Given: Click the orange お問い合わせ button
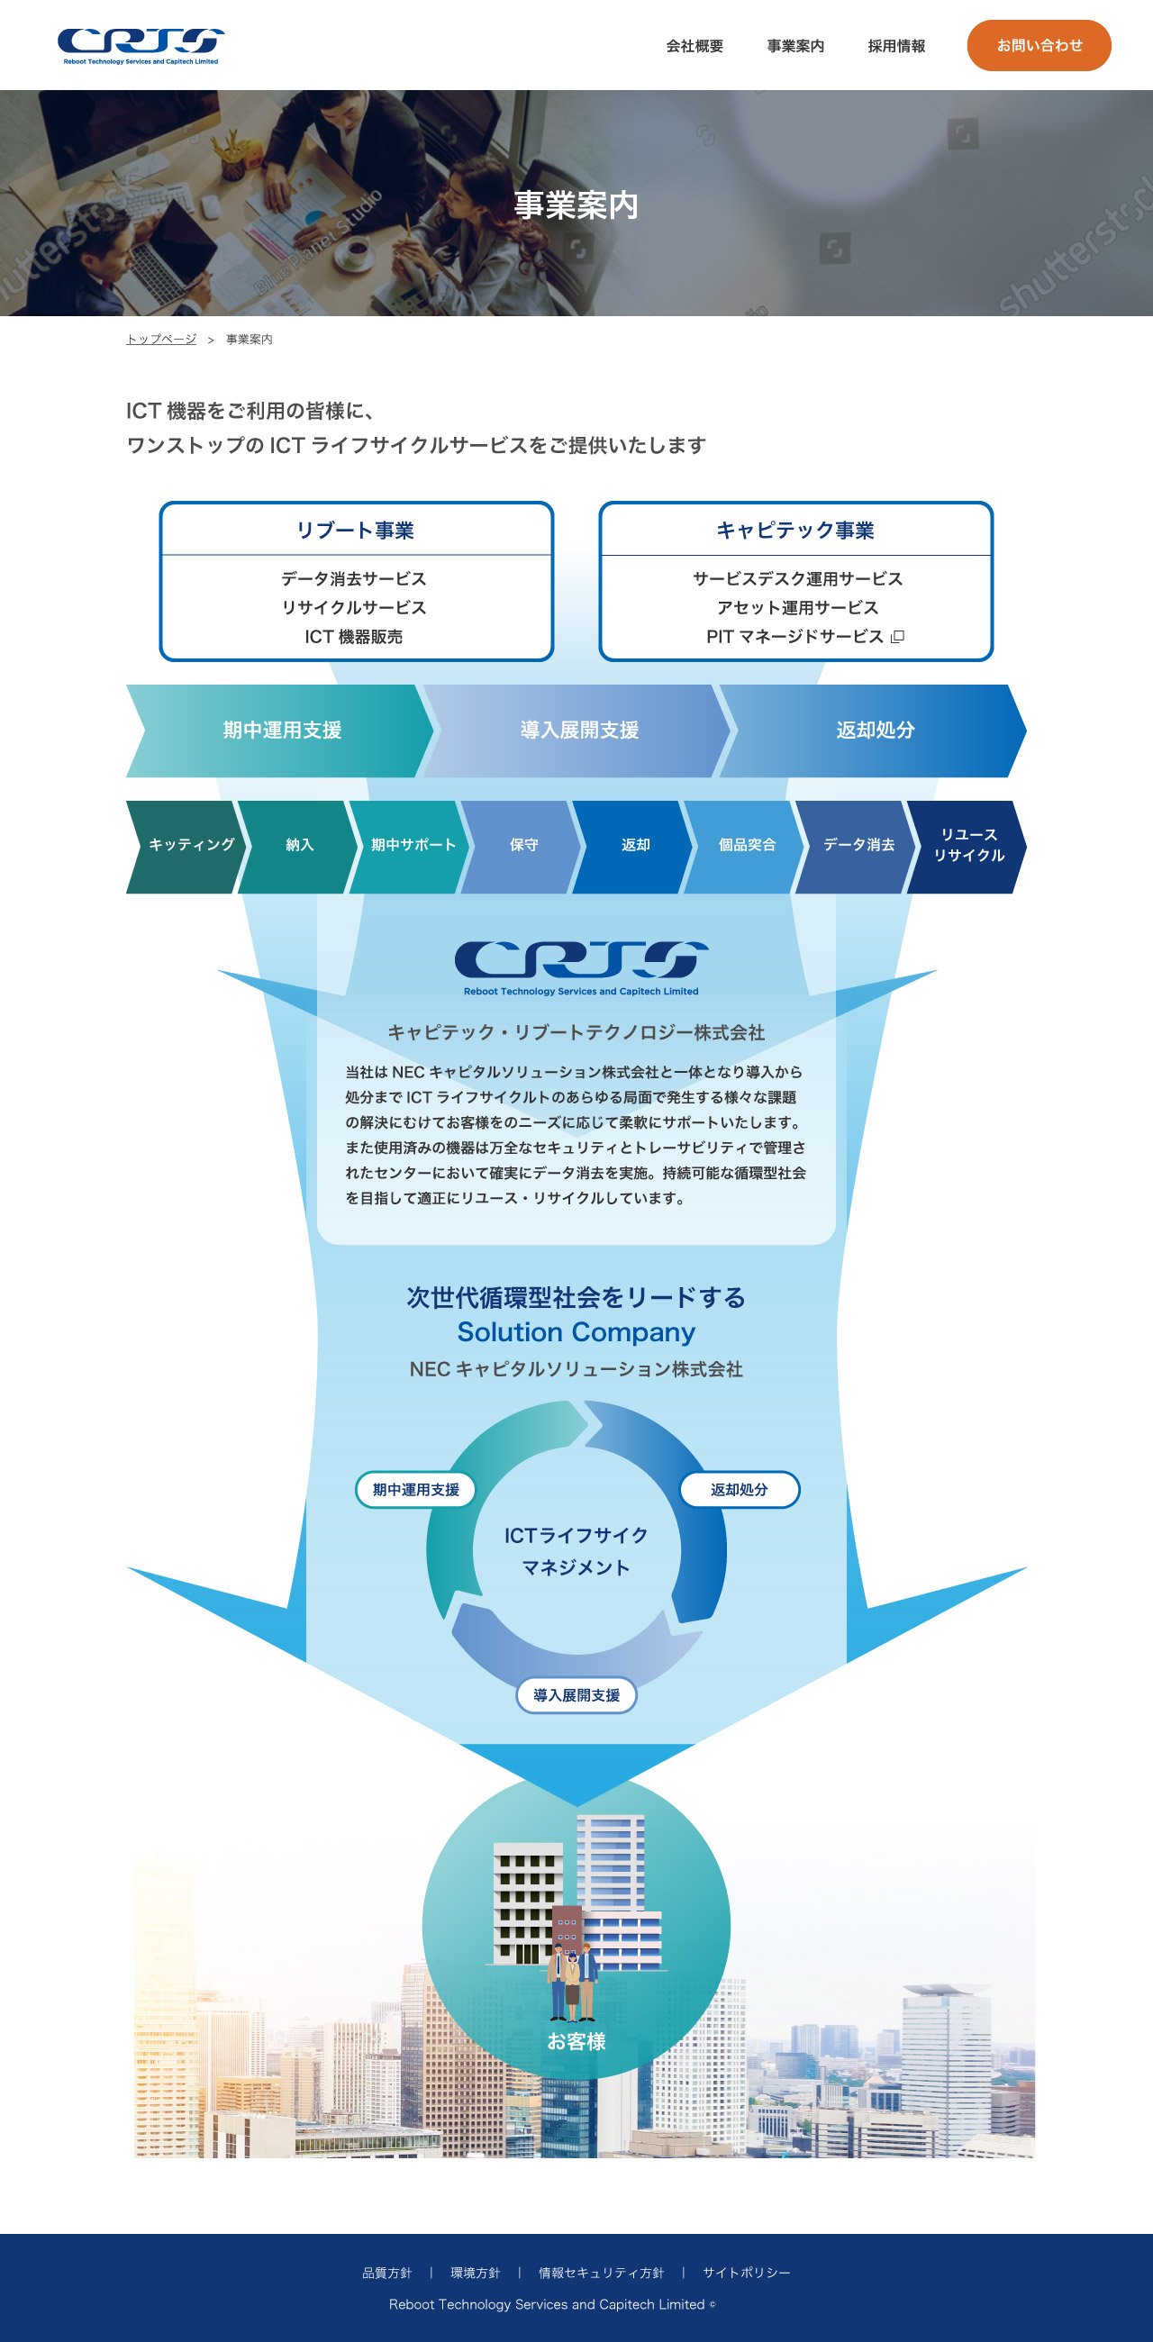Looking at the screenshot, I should [1039, 45].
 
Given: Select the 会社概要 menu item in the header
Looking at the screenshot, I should [695, 46].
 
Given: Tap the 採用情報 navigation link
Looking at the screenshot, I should [895, 46].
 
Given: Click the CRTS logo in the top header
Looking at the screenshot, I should [141, 45].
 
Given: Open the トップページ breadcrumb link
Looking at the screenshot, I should [161, 339].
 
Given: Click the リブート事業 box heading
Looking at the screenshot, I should [356, 530].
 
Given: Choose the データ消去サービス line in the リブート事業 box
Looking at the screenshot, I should [354, 579].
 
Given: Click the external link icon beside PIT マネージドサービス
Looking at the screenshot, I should [897, 637].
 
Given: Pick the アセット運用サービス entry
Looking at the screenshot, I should [796, 607].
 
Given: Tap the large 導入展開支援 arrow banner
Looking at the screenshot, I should [579, 730].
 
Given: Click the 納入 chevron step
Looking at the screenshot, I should [299, 846].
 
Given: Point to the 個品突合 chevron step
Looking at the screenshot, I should [747, 846].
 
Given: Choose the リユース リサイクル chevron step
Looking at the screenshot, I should [968, 846].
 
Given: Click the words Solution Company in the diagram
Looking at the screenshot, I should [576, 1332].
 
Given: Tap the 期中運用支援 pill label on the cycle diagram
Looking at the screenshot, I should [415, 1489].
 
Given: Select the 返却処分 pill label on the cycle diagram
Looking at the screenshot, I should [740, 1489].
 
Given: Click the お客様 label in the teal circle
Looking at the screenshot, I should [576, 2041].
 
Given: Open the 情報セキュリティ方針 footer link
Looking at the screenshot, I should [601, 2272].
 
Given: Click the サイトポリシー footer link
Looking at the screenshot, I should [747, 2272].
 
